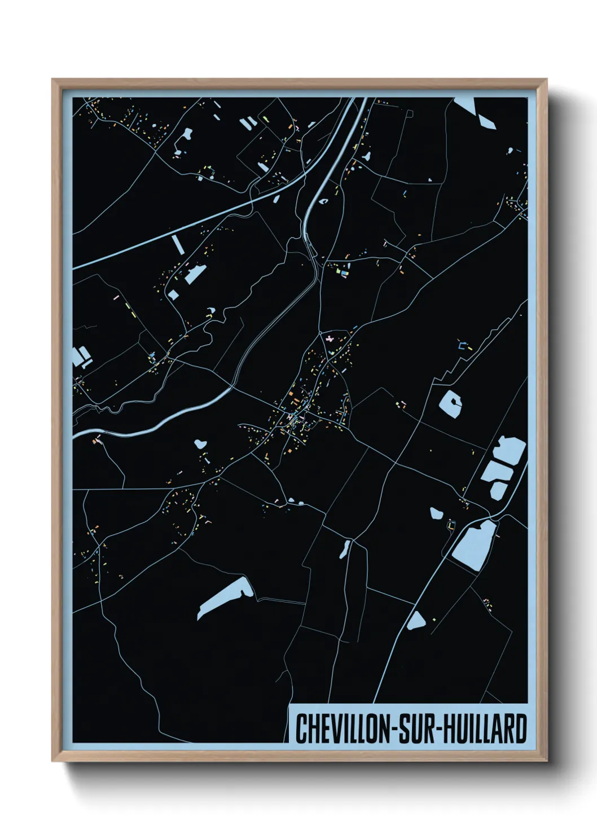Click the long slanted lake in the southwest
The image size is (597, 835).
[225, 598]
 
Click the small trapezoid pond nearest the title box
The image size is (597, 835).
[416, 621]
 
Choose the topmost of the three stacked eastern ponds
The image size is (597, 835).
[511, 450]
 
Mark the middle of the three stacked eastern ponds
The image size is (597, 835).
[496, 469]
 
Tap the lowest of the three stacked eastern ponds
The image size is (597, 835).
[497, 490]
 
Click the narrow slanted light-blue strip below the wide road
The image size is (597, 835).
[178, 245]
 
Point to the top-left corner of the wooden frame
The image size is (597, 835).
[53, 80]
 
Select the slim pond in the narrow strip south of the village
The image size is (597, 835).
[344, 550]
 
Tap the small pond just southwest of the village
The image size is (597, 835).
[199, 443]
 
